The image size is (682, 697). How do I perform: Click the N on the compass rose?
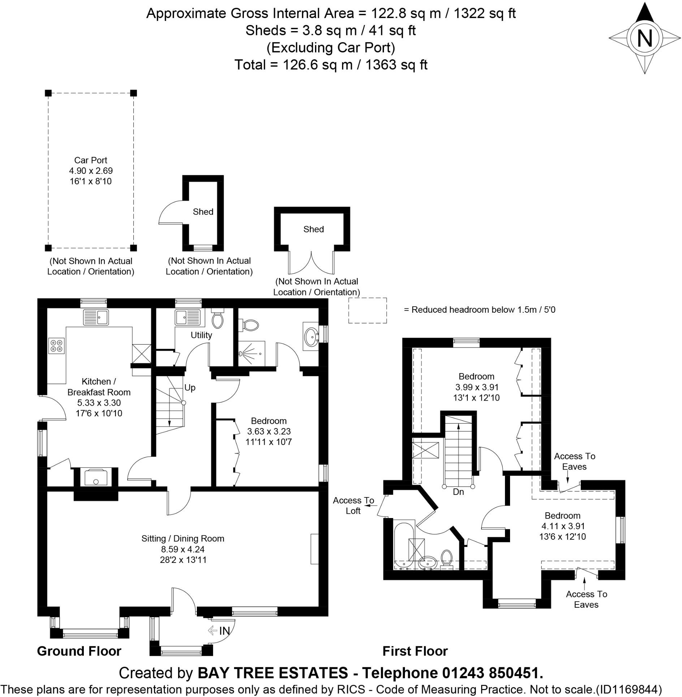click(645, 38)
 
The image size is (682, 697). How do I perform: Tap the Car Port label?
click(91, 160)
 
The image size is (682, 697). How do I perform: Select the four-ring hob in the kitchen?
click(56, 346)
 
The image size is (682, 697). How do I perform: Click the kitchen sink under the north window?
click(96, 317)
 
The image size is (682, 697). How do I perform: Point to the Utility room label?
click(201, 335)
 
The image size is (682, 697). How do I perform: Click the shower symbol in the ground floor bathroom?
click(251, 354)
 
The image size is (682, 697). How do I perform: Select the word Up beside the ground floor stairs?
click(190, 388)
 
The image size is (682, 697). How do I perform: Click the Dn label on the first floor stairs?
click(458, 492)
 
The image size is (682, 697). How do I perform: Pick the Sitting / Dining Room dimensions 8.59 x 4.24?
click(183, 549)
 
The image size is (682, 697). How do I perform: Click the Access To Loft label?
click(353, 505)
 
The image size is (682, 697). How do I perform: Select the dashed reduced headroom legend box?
click(367, 311)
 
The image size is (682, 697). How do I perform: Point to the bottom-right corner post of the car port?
click(133, 248)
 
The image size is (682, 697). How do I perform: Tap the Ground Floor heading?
click(79, 651)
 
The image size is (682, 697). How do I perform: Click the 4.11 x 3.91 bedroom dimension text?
click(563, 526)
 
